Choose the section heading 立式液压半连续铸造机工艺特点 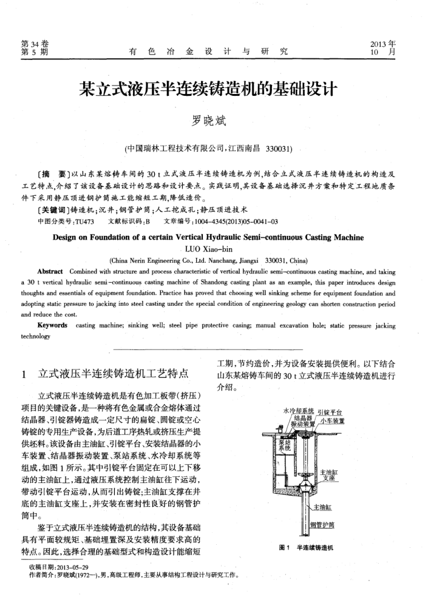pos(112,372)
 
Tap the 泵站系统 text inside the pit pos(281,448)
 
